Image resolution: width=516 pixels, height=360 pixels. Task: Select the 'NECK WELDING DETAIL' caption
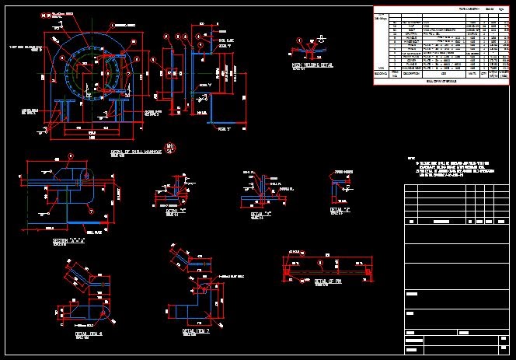coord(312,66)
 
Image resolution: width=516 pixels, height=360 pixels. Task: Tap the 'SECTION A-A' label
coord(69,241)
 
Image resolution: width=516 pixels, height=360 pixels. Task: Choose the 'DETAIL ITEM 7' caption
coord(196,330)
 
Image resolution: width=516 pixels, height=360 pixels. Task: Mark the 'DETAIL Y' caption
coord(261,213)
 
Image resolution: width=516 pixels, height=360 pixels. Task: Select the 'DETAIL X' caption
coord(176,211)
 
